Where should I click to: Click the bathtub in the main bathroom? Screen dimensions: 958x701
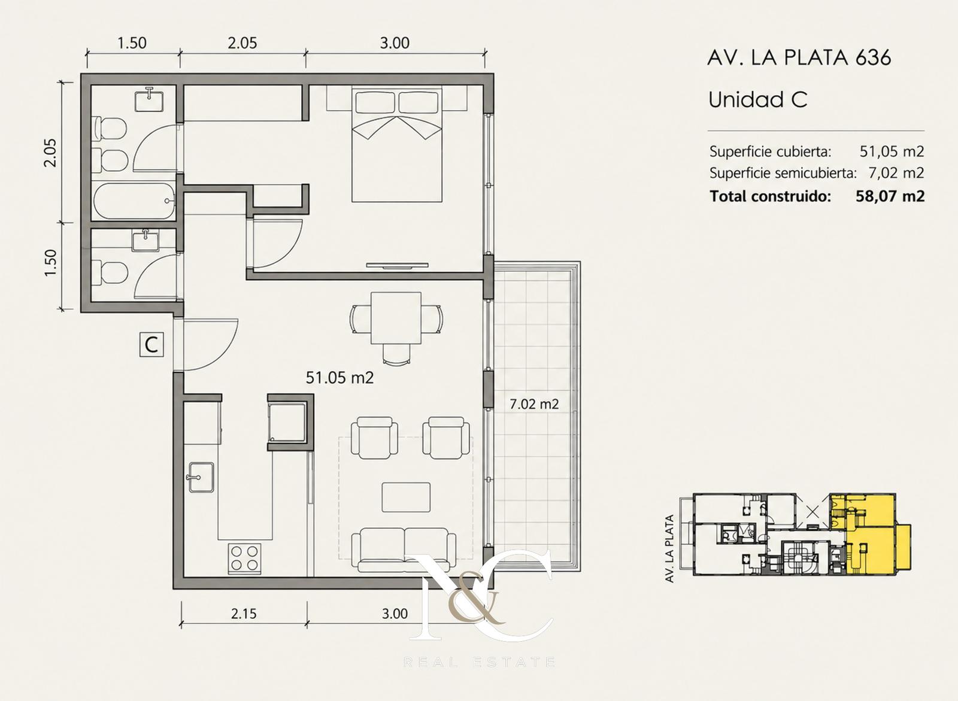134,201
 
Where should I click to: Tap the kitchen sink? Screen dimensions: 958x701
200,477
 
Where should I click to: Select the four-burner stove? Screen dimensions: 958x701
245,558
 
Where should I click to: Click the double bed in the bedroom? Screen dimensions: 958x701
396,144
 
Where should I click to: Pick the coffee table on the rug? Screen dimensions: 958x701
407,496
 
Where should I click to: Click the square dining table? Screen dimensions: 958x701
396,318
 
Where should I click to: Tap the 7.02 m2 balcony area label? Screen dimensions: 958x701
534,404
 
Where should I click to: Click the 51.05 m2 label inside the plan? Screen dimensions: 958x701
339,378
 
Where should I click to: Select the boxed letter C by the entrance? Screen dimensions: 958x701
152,345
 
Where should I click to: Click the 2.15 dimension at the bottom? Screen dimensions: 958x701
244,614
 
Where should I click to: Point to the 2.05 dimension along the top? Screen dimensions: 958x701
242,43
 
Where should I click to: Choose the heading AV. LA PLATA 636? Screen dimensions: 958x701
799,57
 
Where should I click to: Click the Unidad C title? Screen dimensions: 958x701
758,99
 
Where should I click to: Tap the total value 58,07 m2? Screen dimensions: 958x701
890,196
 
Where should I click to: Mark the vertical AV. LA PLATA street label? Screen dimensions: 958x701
670,548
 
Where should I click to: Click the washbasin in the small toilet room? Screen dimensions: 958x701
145,241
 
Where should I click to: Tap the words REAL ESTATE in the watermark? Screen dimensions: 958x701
480,663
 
